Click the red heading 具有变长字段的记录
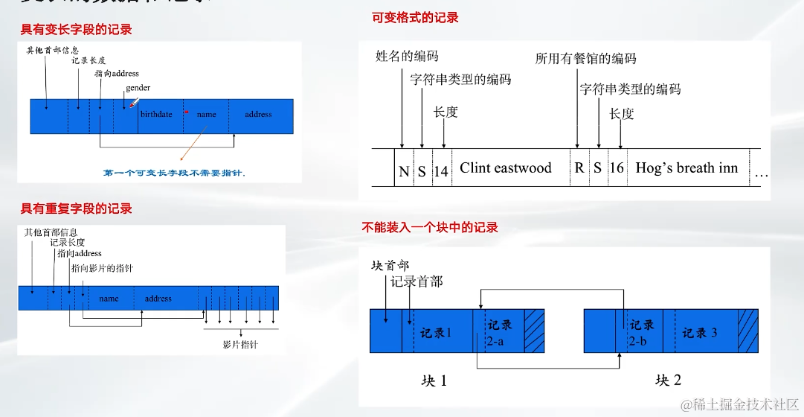(76, 30)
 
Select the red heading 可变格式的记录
(415, 17)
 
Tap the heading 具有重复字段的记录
(76, 208)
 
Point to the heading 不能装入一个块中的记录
(430, 227)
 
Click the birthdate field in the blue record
(156, 115)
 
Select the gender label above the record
(138, 88)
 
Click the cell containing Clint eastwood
(506, 168)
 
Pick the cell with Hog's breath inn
(686, 168)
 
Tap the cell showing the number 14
(441, 171)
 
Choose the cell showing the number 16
(617, 169)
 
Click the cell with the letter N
(404, 171)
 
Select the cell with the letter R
(579, 169)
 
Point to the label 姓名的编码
(407, 56)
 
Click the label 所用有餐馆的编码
(586, 58)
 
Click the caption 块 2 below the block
(668, 381)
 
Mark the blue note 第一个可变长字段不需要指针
(174, 173)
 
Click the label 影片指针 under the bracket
(241, 345)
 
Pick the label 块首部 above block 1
(389, 265)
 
